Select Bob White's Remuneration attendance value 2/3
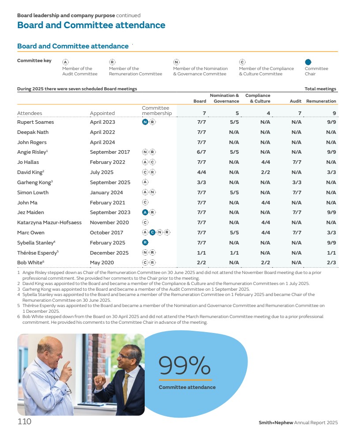331,263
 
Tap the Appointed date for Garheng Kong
110,182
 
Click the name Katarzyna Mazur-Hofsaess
49,222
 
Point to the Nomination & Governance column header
225,98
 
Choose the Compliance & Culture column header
258,98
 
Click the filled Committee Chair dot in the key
308,63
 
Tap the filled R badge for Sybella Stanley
145,243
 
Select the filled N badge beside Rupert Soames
145,122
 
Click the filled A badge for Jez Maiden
145,212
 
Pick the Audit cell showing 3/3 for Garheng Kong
296,182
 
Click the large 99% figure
184,365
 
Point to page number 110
24,422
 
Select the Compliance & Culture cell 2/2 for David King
265,172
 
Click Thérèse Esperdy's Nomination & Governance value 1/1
234,253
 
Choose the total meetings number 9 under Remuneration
334,113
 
